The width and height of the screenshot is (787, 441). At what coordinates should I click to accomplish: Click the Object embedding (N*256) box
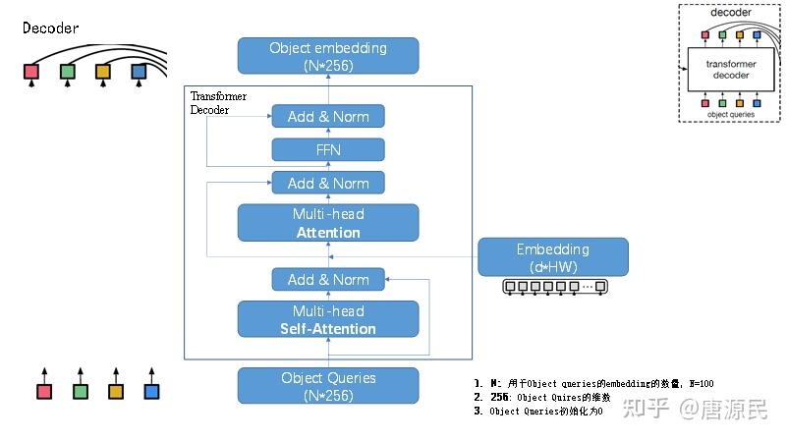click(328, 56)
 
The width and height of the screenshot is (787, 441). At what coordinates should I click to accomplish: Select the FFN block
click(328, 150)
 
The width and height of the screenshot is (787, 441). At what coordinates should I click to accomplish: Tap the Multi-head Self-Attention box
click(328, 319)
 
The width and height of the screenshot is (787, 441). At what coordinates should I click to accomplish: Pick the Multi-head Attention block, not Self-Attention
click(328, 223)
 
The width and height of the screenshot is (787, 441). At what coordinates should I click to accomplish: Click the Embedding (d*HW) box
click(552, 257)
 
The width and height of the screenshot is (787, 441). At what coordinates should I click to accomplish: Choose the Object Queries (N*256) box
click(328, 386)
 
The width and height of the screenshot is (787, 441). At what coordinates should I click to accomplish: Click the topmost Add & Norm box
click(328, 117)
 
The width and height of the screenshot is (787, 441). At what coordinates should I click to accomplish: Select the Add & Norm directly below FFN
click(328, 183)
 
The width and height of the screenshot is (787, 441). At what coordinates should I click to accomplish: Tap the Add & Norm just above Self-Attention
click(328, 280)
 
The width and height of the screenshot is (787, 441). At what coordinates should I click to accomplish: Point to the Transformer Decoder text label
click(218, 103)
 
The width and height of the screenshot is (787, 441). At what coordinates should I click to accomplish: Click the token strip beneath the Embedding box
click(554, 288)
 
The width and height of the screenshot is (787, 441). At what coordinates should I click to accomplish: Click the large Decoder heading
click(50, 28)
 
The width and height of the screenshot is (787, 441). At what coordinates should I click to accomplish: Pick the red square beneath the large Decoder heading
click(31, 72)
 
